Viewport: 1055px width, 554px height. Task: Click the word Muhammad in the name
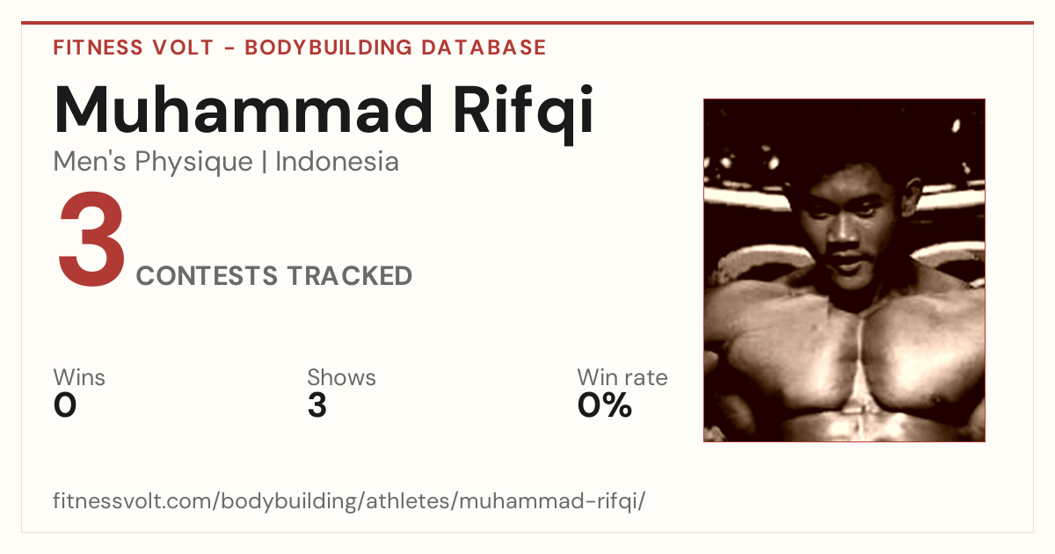point(243,110)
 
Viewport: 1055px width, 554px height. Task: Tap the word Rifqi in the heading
point(523,114)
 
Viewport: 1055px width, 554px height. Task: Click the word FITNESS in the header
point(98,47)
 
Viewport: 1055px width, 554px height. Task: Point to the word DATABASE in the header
point(484,47)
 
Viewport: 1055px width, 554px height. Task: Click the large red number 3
point(91,238)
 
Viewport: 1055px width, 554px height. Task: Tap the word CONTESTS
point(207,275)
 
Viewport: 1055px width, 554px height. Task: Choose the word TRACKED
point(350,275)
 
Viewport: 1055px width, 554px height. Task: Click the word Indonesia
point(337,161)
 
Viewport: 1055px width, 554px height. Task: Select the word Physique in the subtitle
point(193,163)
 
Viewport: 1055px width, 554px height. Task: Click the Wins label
point(79,377)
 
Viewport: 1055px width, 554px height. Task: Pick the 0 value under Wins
point(65,405)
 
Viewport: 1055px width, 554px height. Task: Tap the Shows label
point(341,377)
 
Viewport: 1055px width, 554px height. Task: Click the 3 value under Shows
point(317,405)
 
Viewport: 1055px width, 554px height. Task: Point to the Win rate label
point(622,377)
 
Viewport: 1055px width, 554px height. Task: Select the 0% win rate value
point(605,405)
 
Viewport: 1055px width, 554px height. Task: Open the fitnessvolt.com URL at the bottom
point(349,500)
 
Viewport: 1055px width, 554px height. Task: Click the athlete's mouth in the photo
point(848,259)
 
